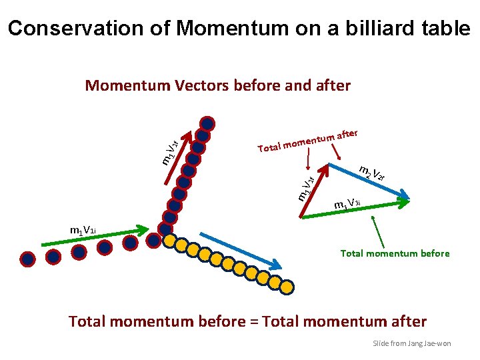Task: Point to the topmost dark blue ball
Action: (x=208, y=123)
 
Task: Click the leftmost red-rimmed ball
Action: (x=28, y=258)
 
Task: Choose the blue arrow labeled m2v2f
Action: (x=370, y=181)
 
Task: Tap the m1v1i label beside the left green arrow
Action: (x=83, y=231)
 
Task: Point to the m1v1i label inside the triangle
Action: (x=347, y=203)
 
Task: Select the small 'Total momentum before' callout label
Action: (x=395, y=253)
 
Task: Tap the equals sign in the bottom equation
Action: (x=254, y=321)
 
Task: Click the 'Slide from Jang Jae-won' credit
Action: (x=411, y=343)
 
